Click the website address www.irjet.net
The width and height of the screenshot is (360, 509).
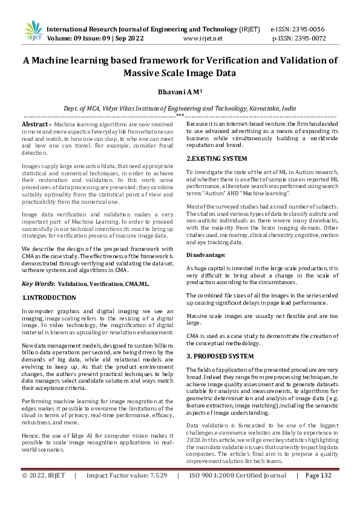[x=203, y=37]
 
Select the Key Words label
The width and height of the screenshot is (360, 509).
[x=38, y=284]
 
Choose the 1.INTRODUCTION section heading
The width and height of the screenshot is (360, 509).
[x=49, y=298]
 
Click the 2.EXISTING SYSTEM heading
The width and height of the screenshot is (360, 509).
[x=217, y=158]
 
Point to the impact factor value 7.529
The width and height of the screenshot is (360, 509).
[x=155, y=493]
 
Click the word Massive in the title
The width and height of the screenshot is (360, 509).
[x=145, y=74]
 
